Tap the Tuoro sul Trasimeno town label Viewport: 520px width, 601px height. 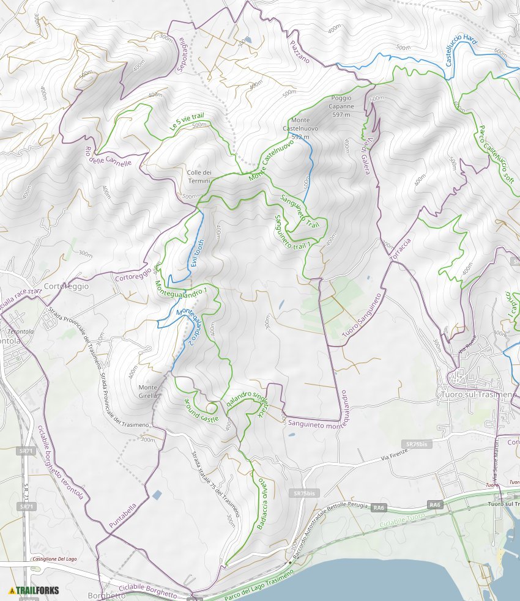(478, 395)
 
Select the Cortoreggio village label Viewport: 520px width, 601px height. (67, 286)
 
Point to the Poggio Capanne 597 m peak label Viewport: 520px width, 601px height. (341, 106)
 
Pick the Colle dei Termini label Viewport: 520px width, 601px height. (199, 177)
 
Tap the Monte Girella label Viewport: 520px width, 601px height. (148, 391)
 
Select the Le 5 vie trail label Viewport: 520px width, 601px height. (186, 124)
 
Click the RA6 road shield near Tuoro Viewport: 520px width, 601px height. (435, 504)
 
